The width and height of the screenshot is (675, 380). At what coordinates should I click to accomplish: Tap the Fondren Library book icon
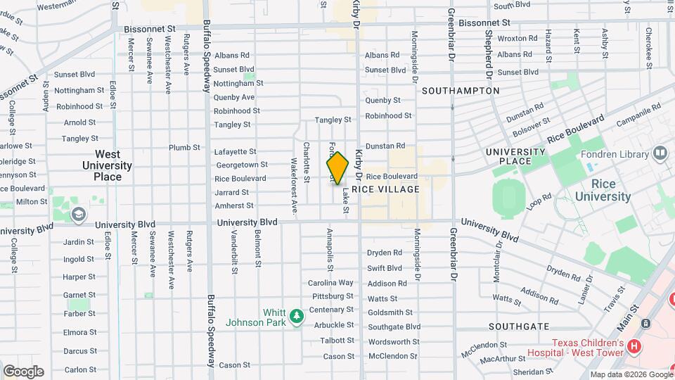point(660,153)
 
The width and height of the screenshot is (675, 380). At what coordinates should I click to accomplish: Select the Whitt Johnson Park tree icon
point(297,314)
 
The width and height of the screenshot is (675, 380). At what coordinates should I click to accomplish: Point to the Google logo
point(23,372)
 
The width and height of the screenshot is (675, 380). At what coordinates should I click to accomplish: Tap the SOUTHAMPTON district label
point(461,91)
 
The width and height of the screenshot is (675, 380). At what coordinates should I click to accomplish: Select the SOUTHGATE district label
point(519,327)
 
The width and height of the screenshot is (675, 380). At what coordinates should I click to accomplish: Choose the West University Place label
point(108,165)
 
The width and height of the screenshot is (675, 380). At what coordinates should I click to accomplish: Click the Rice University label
point(602,191)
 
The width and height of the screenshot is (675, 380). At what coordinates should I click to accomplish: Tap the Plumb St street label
point(185,148)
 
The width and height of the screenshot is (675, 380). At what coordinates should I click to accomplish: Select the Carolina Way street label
point(330,283)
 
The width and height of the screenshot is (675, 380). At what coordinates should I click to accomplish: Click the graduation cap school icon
point(79,213)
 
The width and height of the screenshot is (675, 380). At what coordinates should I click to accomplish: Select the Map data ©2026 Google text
point(630,374)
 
